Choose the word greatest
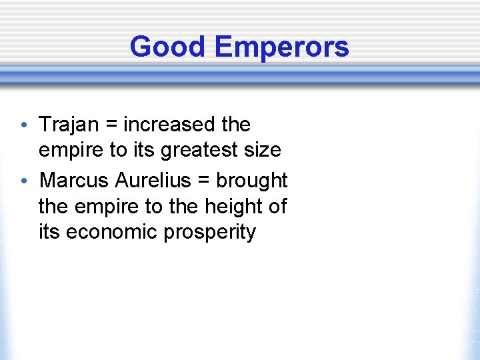[x=206, y=151]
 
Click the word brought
[x=251, y=180]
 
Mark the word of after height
[x=277, y=207]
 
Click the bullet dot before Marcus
[x=24, y=181]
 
